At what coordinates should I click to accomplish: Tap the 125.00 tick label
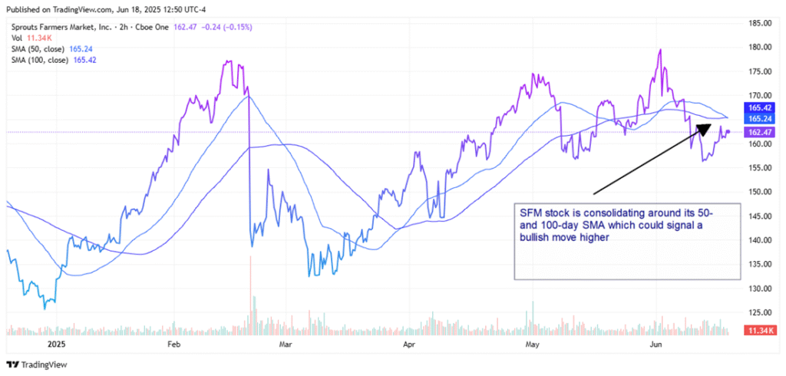[x=760, y=312]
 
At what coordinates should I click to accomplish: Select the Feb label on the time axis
[x=173, y=346]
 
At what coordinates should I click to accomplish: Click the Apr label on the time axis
[x=408, y=346]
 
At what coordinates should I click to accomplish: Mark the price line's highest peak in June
[x=660, y=50]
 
